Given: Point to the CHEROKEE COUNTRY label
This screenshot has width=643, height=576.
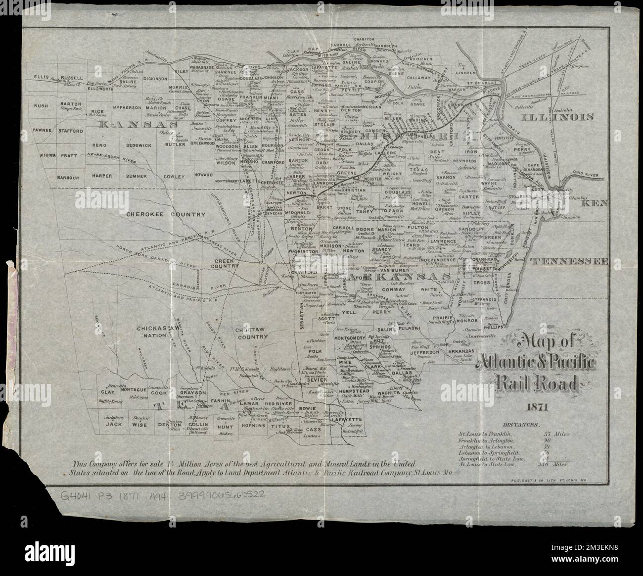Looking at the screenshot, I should pos(158,214).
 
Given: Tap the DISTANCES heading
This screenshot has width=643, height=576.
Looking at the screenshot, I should pos(521,425).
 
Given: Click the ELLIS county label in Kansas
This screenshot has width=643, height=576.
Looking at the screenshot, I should pos(43,77).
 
